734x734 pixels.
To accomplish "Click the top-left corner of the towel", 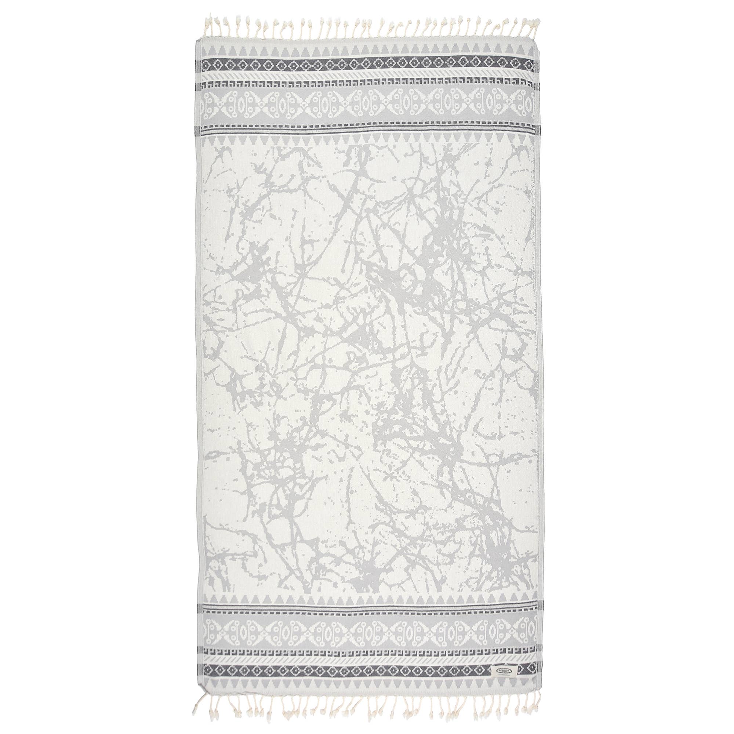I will [196, 38].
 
